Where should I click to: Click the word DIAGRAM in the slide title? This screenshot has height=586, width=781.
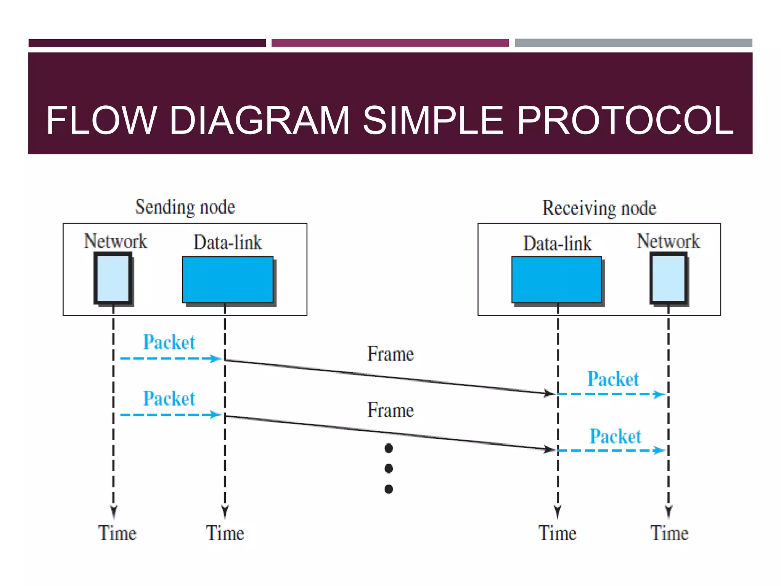(x=259, y=121)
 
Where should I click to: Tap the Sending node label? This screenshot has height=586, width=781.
(x=185, y=207)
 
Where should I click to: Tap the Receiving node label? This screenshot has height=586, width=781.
(x=599, y=208)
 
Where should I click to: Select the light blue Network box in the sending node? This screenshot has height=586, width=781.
(x=113, y=278)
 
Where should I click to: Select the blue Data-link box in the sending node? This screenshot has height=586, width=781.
(x=228, y=280)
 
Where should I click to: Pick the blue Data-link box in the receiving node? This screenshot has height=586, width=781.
(x=556, y=280)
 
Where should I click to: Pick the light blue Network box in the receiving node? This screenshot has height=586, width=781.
(x=669, y=278)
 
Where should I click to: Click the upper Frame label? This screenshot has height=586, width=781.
(x=390, y=354)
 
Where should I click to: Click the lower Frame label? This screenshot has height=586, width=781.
(x=390, y=411)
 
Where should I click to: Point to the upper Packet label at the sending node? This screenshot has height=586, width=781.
(x=169, y=342)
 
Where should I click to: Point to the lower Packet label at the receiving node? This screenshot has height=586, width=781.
(x=615, y=436)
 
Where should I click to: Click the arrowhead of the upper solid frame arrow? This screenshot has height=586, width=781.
(x=550, y=393)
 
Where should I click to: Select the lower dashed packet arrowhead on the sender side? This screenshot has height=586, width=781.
(x=216, y=415)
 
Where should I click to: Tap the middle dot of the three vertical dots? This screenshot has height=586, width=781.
(x=389, y=468)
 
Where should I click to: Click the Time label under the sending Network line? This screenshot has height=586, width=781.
(x=117, y=533)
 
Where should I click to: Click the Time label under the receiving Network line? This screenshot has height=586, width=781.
(x=669, y=533)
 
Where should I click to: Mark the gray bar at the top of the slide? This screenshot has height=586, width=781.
(x=633, y=43)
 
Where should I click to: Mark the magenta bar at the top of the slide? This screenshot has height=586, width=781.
(x=390, y=43)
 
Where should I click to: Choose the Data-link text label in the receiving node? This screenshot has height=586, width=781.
(x=557, y=243)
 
